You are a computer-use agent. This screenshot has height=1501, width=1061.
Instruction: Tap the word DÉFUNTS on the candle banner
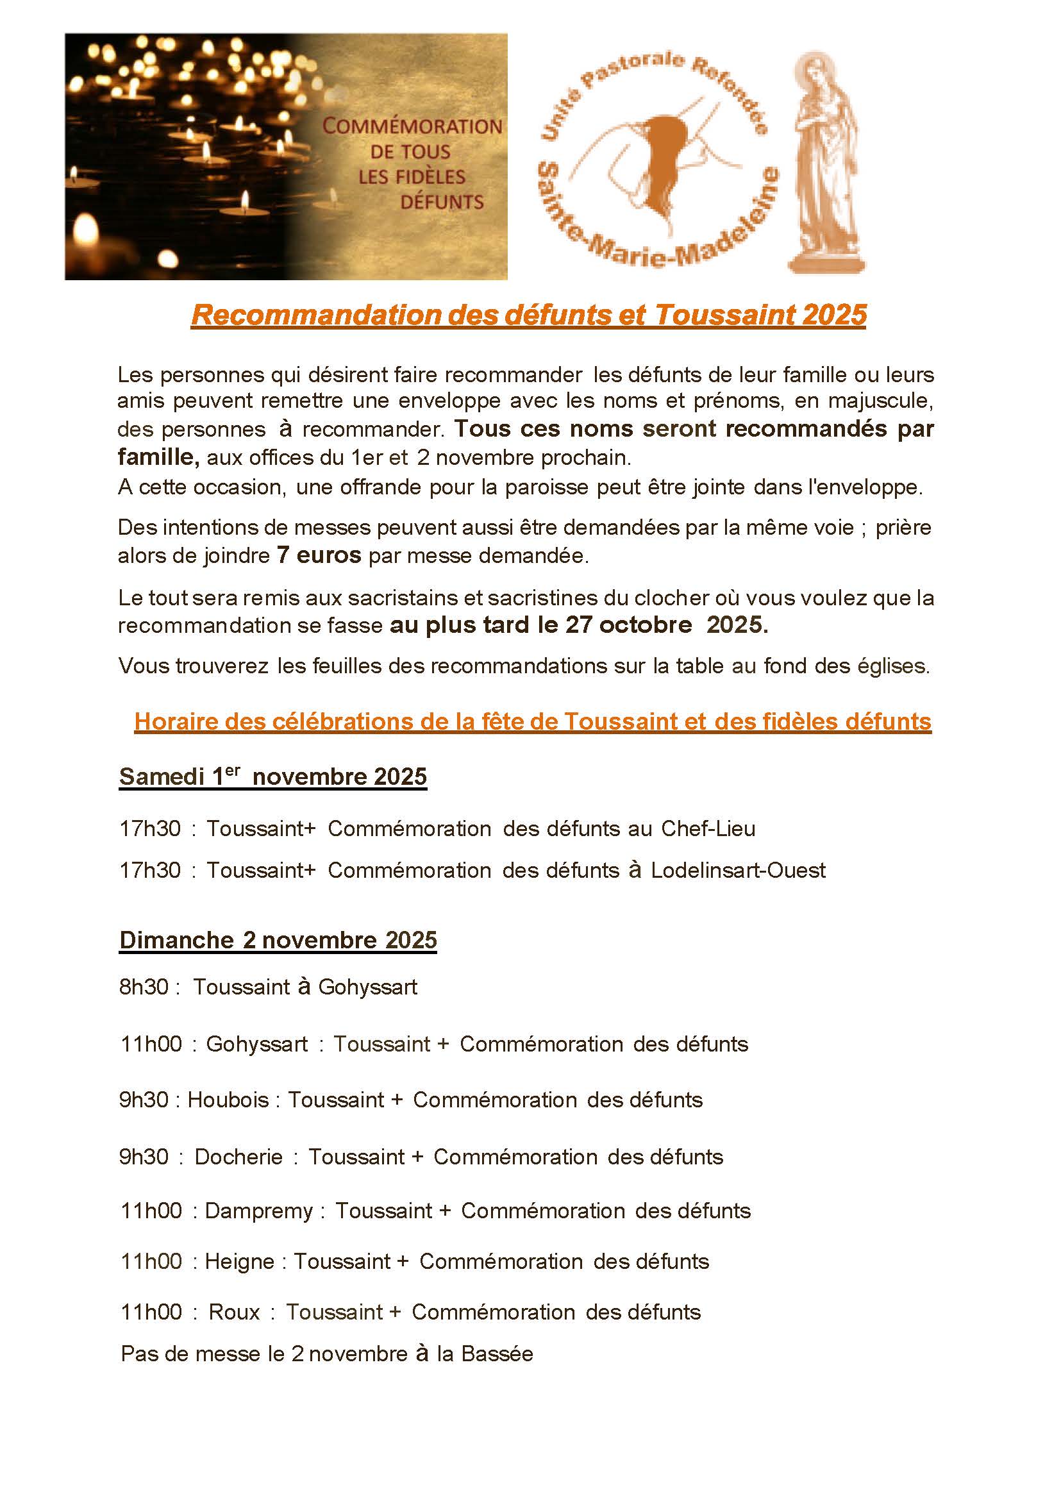click(442, 202)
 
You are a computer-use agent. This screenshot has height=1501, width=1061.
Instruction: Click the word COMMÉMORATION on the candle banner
click(412, 126)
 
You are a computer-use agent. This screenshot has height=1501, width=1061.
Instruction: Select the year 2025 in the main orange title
click(834, 315)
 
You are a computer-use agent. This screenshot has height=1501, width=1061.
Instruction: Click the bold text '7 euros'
click(319, 556)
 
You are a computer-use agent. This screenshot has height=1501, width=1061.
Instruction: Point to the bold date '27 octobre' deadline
click(628, 625)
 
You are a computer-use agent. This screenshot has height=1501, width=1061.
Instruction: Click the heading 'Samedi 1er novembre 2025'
click(272, 776)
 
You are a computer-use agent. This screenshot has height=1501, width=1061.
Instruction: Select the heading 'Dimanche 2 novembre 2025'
click(278, 940)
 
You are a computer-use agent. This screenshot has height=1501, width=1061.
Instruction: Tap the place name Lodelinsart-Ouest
click(738, 870)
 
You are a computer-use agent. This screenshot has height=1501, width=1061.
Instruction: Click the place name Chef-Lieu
click(708, 828)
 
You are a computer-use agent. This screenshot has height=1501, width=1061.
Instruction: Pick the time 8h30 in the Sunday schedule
click(144, 987)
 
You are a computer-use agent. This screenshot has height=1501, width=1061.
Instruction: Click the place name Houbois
click(228, 1100)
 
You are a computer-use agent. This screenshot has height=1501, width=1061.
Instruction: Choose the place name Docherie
click(238, 1157)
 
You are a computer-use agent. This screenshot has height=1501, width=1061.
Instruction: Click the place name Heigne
click(239, 1261)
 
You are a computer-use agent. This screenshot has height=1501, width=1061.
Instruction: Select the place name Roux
click(234, 1312)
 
